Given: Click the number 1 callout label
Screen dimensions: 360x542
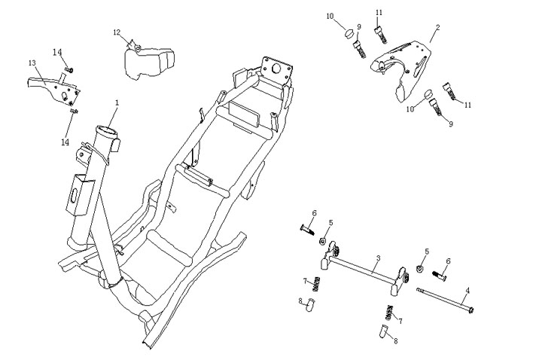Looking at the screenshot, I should pyautogui.click(x=117, y=102).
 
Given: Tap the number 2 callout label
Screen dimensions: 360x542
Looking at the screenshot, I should pyautogui.click(x=437, y=28).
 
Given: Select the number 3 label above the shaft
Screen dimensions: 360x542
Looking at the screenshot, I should pyautogui.click(x=379, y=258).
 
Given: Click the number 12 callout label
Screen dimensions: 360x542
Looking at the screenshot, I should pyautogui.click(x=117, y=32).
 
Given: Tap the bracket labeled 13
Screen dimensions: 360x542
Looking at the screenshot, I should pyautogui.click(x=54, y=86).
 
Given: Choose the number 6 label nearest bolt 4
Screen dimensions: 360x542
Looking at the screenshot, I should pyautogui.click(x=448, y=261).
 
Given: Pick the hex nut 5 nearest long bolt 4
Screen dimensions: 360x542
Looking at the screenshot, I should pyautogui.click(x=421, y=269).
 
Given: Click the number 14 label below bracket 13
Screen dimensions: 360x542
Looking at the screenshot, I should pyautogui.click(x=65, y=142).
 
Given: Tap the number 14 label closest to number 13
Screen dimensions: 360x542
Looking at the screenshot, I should pyautogui.click(x=57, y=51).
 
